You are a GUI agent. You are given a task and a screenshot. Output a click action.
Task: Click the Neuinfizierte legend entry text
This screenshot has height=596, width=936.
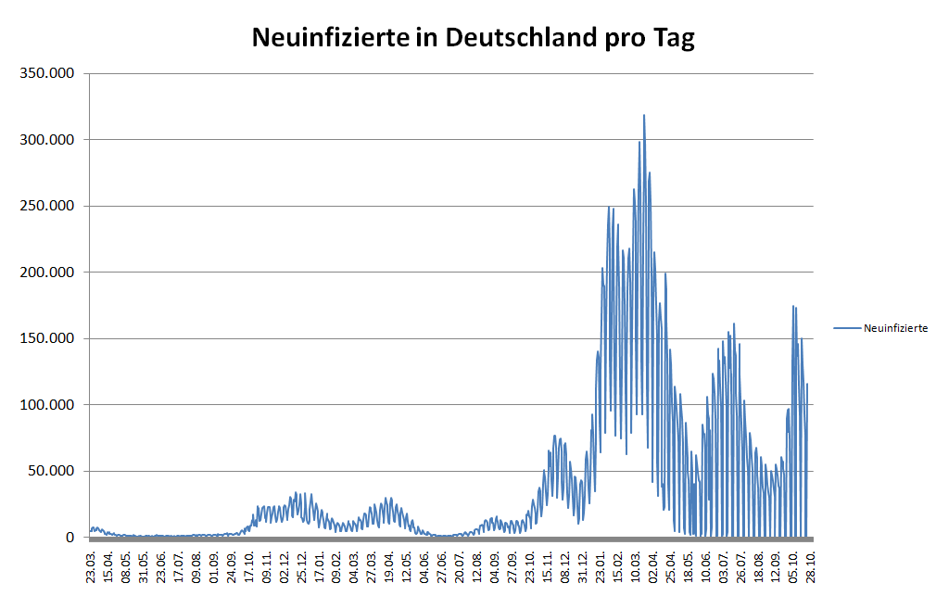click(895, 328)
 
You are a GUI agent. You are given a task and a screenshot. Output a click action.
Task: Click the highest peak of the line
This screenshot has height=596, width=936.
click(644, 116)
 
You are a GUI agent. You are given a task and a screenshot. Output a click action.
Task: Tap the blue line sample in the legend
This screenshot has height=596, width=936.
click(847, 328)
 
